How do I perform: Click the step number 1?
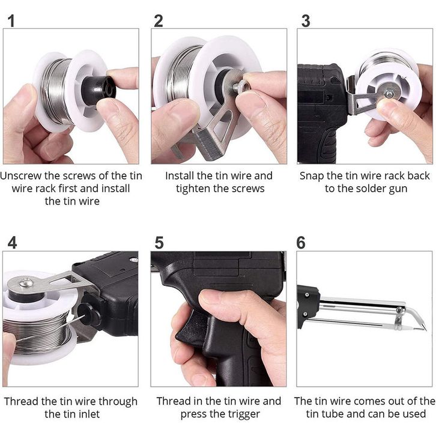pos(11,21)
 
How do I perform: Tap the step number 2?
pos(158,21)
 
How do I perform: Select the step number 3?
pos(306,21)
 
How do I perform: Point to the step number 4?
pos(12,243)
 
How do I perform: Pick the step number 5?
pos(159,243)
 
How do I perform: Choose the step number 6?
pos(301,243)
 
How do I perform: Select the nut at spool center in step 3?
pos(389,94)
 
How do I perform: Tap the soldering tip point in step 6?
pos(425,330)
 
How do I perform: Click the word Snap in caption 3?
pos(312,176)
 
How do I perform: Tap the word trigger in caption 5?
pos(244,414)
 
